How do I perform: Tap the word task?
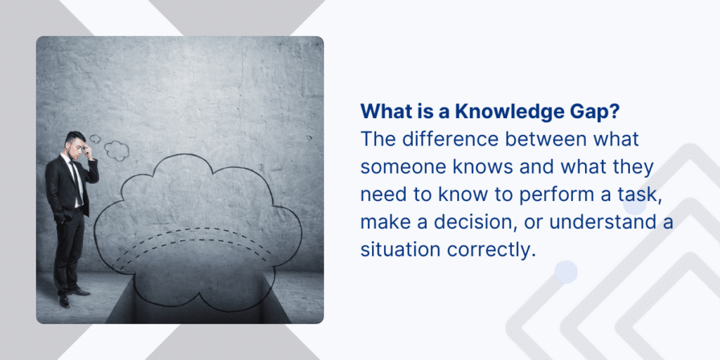641,195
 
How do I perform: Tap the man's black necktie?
75,179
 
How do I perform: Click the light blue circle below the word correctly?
565,271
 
